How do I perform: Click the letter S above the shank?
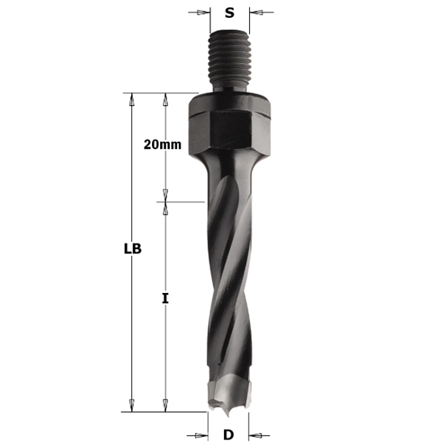[x=230, y=13]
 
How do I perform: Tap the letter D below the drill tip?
[x=228, y=434]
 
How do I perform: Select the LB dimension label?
[x=133, y=249]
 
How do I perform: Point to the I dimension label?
[x=165, y=299]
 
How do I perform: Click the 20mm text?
[x=162, y=145]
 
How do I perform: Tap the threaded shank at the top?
[x=230, y=61]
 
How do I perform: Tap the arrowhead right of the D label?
[x=254, y=434]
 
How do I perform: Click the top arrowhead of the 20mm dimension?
[x=165, y=98]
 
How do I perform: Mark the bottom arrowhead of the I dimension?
[x=165, y=406]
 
